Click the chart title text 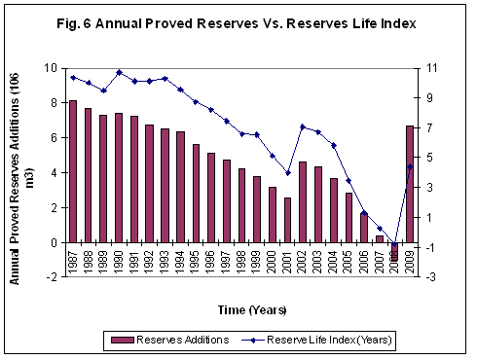coord(238,24)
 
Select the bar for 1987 coord(73,171)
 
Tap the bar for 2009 coord(410,184)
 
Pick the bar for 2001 coord(287,220)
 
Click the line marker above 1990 coord(119,72)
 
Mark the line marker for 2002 coord(303,126)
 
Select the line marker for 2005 coord(349,181)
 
